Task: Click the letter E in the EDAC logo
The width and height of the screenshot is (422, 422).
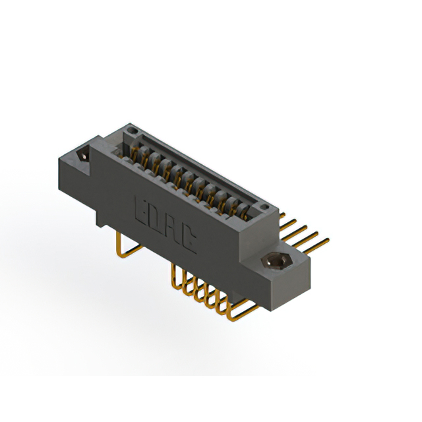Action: click(142, 209)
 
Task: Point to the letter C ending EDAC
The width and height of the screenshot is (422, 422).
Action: click(189, 243)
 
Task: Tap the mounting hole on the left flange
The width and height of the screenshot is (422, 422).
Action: click(83, 157)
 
